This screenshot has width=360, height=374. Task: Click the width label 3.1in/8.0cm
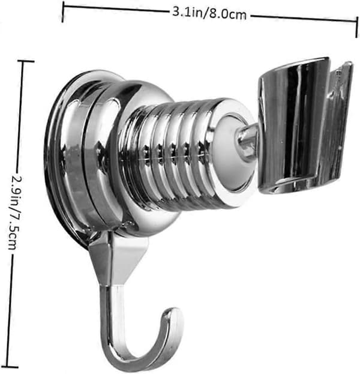209,14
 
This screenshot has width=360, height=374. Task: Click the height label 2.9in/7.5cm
15,213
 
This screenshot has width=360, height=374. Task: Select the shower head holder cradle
306,125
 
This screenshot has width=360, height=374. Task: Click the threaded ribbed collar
167,155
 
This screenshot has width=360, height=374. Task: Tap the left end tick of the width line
63,11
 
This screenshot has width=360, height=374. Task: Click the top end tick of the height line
26,61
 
